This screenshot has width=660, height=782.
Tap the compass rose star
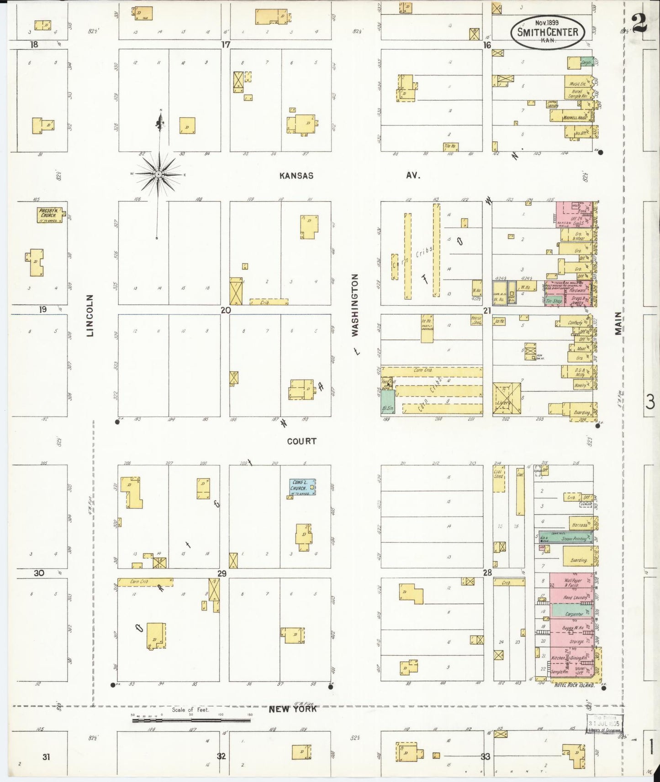pyautogui.click(x=158, y=174)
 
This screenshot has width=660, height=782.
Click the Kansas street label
pyautogui.click(x=296, y=176)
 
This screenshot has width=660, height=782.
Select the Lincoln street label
pyautogui.click(x=90, y=315)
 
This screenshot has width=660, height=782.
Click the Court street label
pyautogui.click(x=301, y=441)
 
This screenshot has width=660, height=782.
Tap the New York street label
pyautogui.click(x=292, y=709)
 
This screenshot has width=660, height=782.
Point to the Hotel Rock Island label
pyautogui.click(x=574, y=685)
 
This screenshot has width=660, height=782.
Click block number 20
pyautogui.click(x=225, y=310)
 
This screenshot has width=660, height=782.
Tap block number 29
pyautogui.click(x=222, y=573)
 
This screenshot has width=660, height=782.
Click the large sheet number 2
pyautogui.click(x=639, y=23)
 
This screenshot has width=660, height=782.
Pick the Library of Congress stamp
pyautogui.click(x=605, y=724)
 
